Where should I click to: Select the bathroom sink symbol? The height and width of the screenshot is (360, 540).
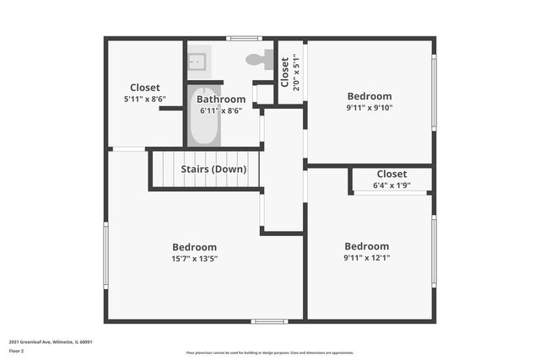(197, 60)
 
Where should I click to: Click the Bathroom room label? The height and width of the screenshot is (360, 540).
(221, 99)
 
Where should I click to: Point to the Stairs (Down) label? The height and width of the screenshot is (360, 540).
(213, 169)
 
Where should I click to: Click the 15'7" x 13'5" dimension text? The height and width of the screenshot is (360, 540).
(195, 259)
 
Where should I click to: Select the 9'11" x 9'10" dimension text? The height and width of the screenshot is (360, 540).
(369, 107)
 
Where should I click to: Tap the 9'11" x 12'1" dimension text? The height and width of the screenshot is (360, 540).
(366, 258)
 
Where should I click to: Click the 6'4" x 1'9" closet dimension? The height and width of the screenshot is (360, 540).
(391, 185)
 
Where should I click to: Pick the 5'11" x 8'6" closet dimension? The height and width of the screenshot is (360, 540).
(144, 99)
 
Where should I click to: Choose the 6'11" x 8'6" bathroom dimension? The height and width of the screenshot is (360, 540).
(221, 110)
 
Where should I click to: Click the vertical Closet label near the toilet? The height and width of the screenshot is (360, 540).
(285, 73)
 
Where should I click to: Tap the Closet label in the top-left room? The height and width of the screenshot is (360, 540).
(144, 88)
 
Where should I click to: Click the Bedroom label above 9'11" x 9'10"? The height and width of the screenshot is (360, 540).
(369, 96)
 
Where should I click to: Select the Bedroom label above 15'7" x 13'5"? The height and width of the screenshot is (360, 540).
(195, 247)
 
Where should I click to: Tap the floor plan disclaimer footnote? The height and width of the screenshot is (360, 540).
(269, 353)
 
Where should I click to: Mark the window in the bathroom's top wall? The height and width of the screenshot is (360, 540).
(245, 38)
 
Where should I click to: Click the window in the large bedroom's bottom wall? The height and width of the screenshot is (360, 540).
(269, 320)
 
